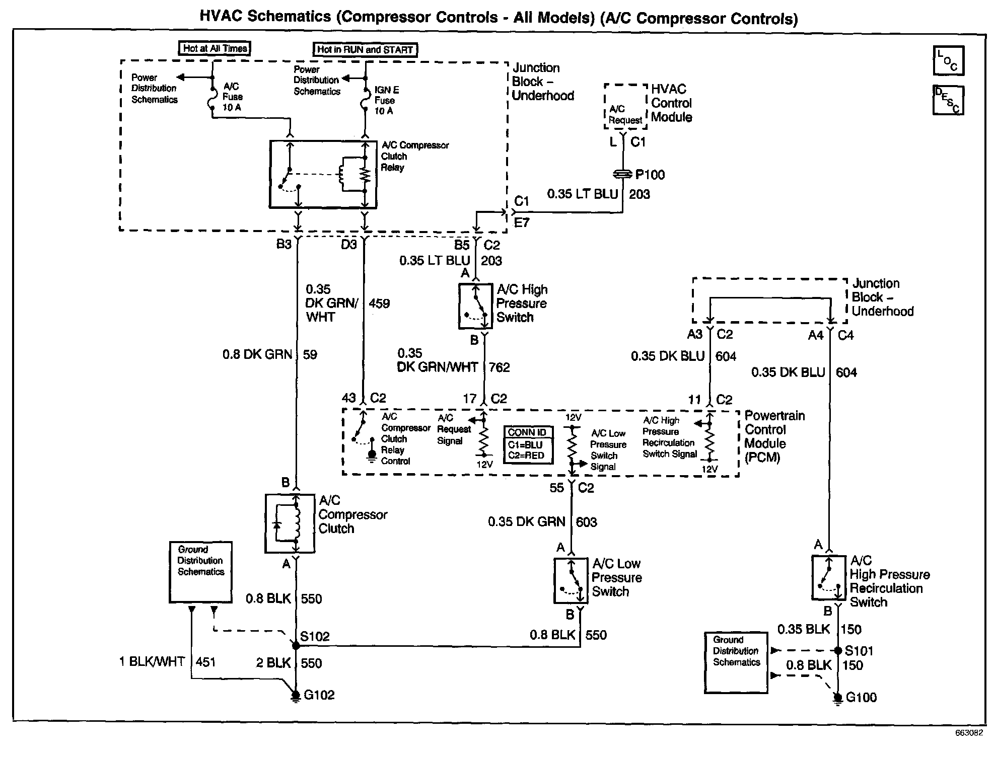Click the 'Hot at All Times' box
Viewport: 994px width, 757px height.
click(x=215, y=48)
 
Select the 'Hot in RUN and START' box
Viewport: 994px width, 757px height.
click(x=365, y=49)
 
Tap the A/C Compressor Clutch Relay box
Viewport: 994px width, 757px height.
click(x=323, y=174)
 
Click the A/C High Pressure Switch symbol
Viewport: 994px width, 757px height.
click(x=475, y=306)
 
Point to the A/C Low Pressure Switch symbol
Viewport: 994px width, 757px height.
click(x=571, y=580)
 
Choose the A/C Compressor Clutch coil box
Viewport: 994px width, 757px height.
click(x=290, y=523)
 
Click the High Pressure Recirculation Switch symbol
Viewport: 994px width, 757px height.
click(x=829, y=577)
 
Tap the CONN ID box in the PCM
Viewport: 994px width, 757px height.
click(x=528, y=444)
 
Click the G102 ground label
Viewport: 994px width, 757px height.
click(x=319, y=695)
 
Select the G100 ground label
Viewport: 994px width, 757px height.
click(x=861, y=698)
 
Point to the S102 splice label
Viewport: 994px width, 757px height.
click(x=315, y=636)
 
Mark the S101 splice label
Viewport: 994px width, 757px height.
click(x=859, y=651)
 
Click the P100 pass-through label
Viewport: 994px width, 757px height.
click(x=650, y=175)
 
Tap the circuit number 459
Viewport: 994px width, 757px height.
click(x=379, y=304)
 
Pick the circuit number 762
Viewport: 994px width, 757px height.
click(x=500, y=367)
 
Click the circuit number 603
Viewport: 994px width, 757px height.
click(x=587, y=522)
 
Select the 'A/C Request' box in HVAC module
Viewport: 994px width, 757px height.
click(x=625, y=114)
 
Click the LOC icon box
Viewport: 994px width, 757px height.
click(x=948, y=61)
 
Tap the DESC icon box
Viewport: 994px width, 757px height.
click(x=948, y=100)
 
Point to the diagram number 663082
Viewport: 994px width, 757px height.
click(x=969, y=733)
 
